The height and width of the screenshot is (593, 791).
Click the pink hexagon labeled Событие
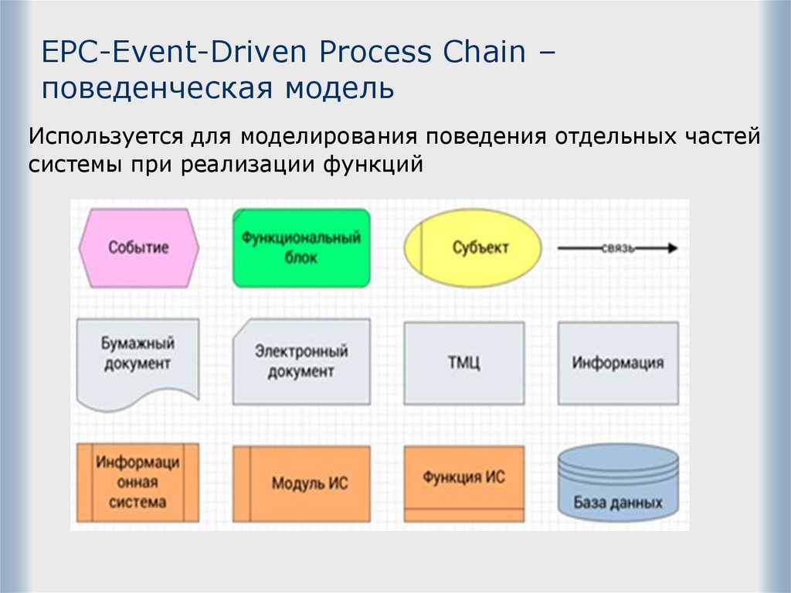[x=139, y=248]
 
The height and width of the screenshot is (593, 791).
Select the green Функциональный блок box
[x=301, y=248]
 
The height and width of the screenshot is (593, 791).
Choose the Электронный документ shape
[x=301, y=361]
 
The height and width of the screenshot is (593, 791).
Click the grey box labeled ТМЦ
[x=464, y=363]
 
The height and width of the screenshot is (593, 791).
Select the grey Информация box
[x=618, y=363]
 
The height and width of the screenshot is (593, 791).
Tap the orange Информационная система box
[x=138, y=482]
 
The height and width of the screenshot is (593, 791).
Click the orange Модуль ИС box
[x=301, y=484]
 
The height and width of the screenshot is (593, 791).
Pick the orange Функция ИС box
[x=463, y=478]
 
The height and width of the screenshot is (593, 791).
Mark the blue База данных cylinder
[x=618, y=482]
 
